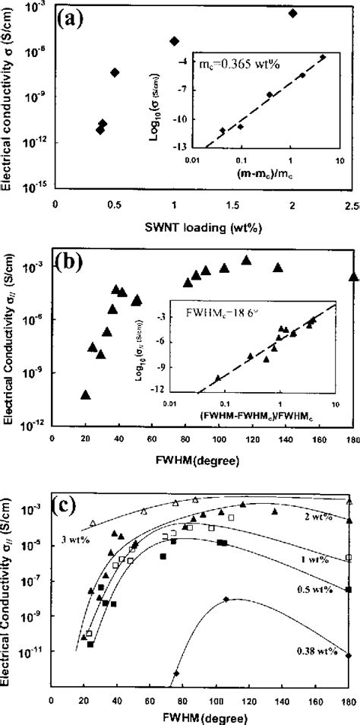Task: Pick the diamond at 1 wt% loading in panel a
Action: pos(174,41)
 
